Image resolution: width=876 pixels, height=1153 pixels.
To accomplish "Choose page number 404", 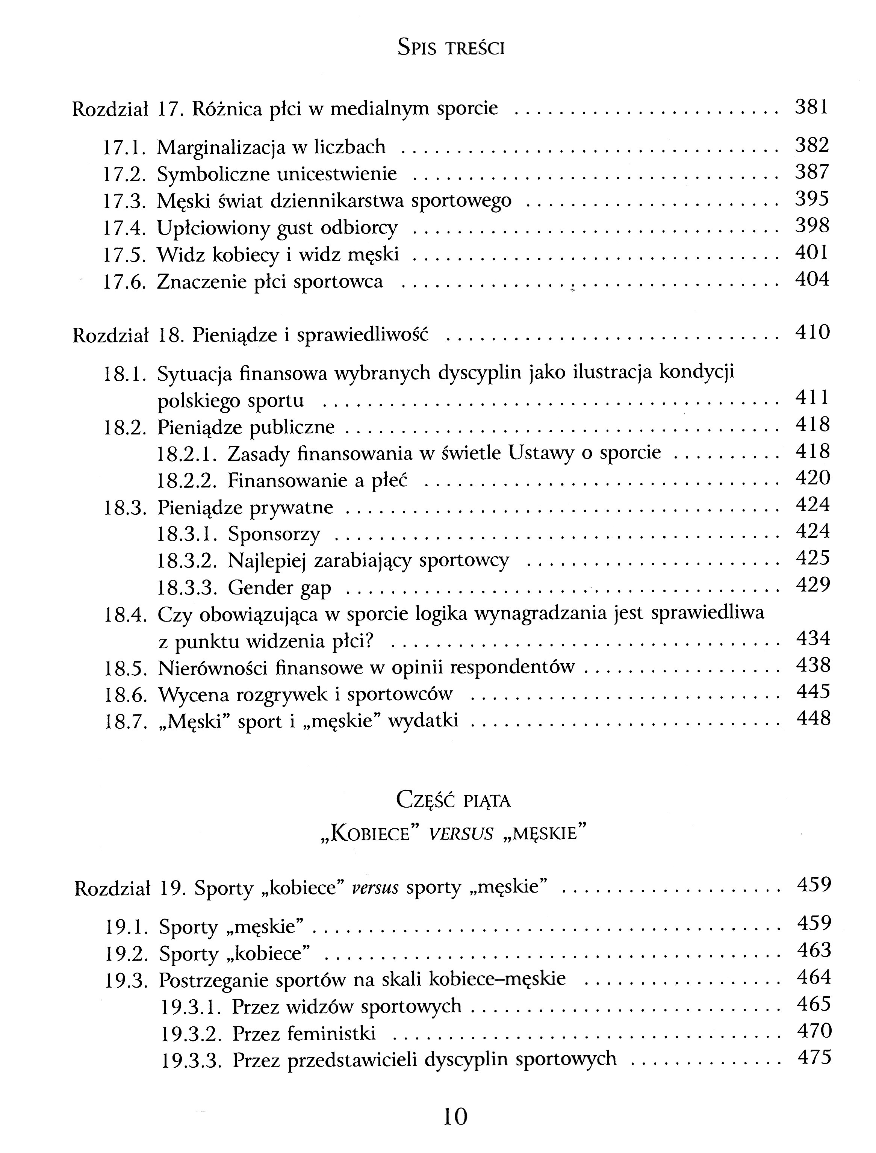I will point(812,280).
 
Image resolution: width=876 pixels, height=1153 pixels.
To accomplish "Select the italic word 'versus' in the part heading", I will point(460,834).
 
